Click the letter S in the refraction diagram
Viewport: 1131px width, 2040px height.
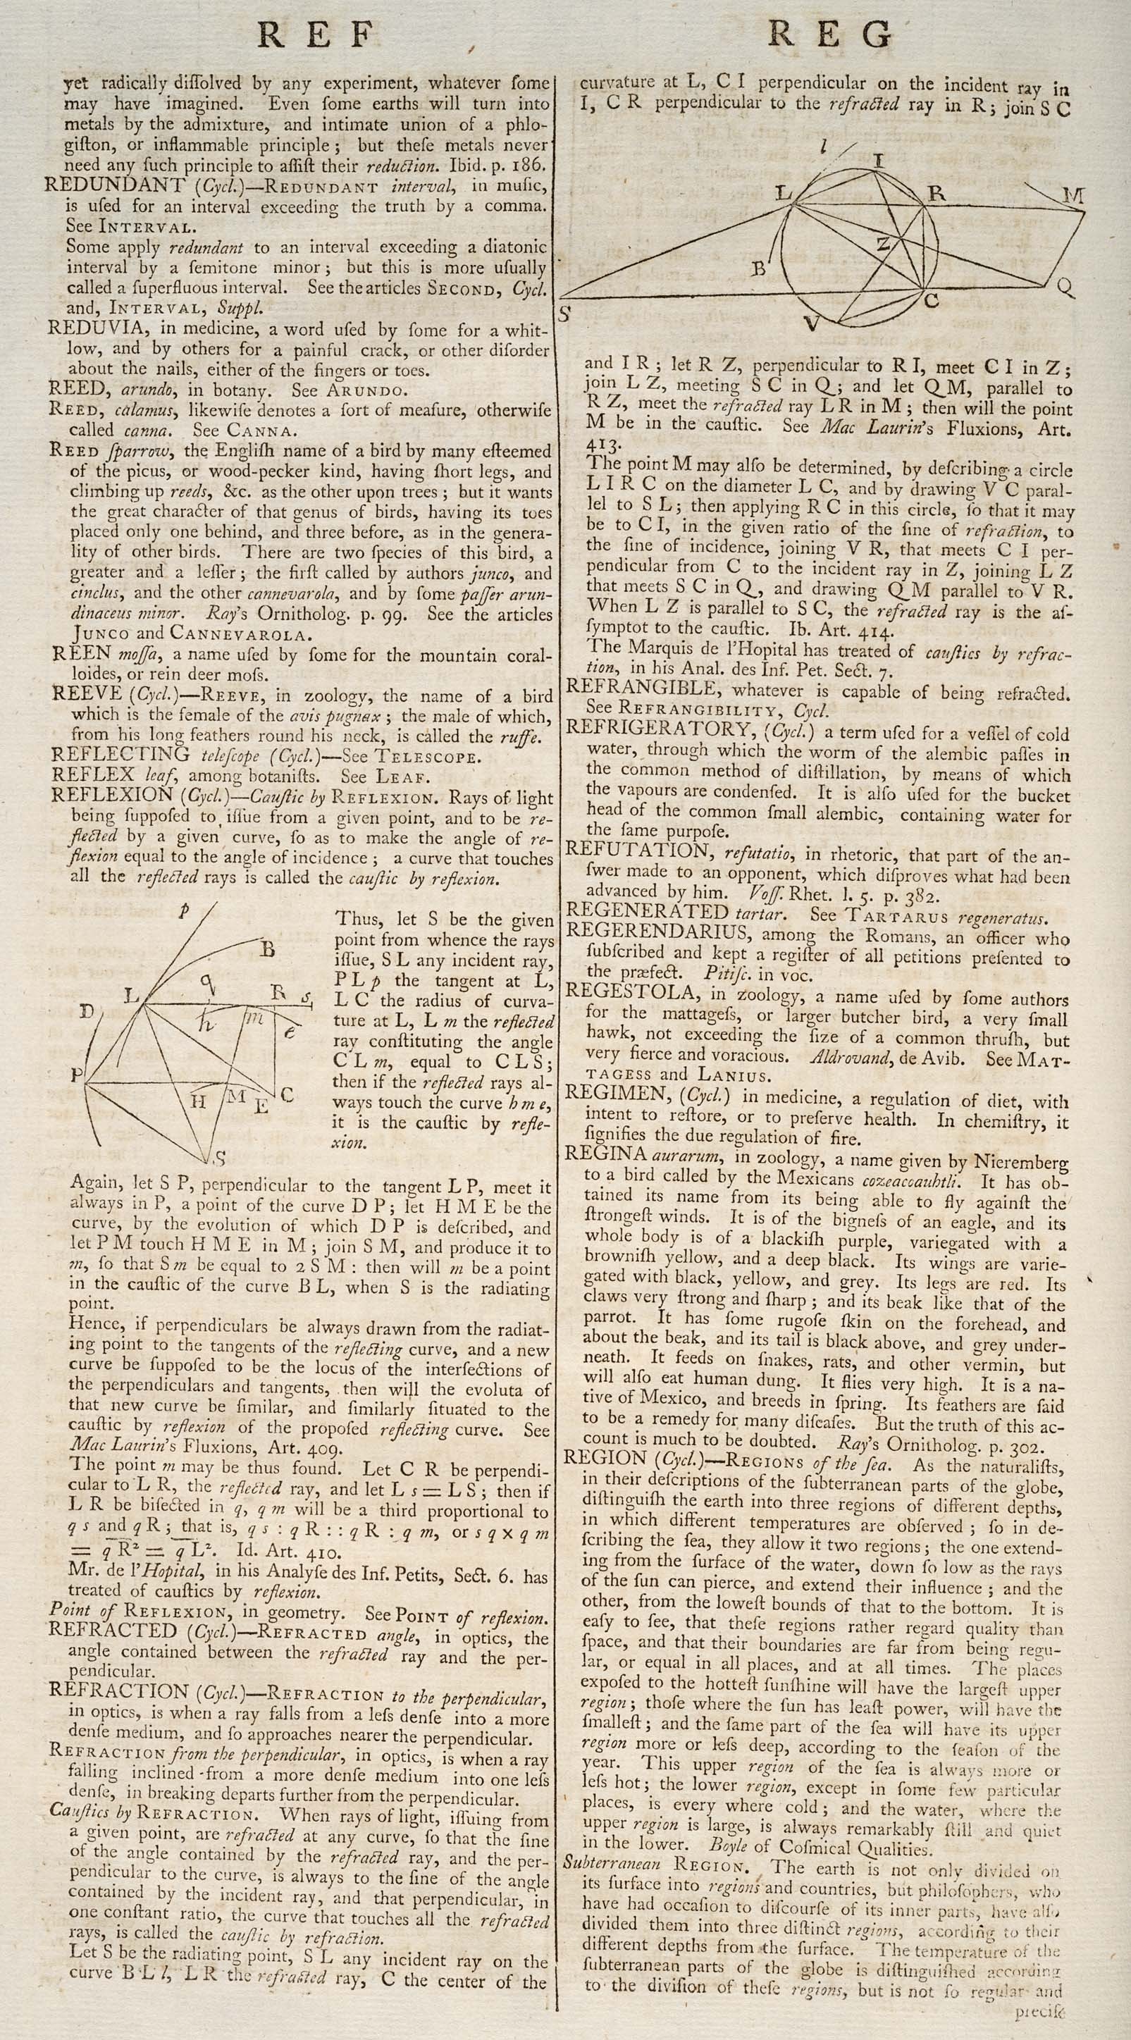(x=564, y=314)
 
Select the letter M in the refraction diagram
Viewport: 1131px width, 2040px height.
(x=1073, y=194)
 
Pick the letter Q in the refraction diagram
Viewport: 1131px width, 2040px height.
(x=1065, y=287)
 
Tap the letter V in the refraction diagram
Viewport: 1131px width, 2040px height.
(x=810, y=322)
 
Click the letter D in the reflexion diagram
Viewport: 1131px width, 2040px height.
(x=87, y=1011)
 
